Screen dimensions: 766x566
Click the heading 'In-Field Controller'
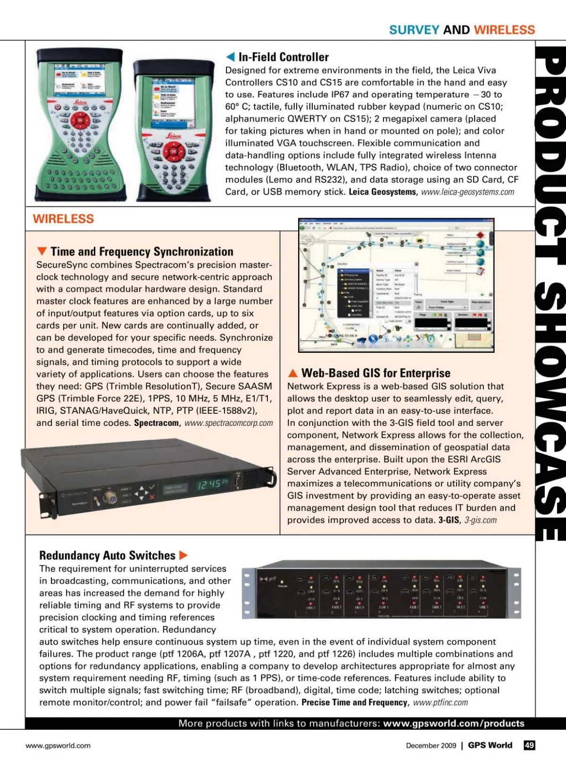pos(283,57)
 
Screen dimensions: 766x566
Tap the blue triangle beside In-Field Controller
pos(230,57)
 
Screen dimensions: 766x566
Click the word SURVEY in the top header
pos(414,30)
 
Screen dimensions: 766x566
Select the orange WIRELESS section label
pos(63,219)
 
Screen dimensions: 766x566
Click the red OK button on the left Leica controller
pos(80,121)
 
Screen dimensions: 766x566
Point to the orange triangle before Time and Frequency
pos(42,252)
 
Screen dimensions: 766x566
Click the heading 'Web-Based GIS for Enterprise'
pos(376,373)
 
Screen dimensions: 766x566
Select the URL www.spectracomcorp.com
pos(229,423)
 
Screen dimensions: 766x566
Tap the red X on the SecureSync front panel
pos(152,497)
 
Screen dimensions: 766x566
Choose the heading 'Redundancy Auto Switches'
pos(107,555)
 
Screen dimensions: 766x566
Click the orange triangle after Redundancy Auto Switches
pos(183,555)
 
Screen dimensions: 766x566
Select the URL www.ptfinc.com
pos(441,702)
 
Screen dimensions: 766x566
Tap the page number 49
pos(529,745)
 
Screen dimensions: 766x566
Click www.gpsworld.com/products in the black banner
pos(454,723)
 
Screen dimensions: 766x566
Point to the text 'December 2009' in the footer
pos(431,745)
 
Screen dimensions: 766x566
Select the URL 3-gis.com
pos(481,520)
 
